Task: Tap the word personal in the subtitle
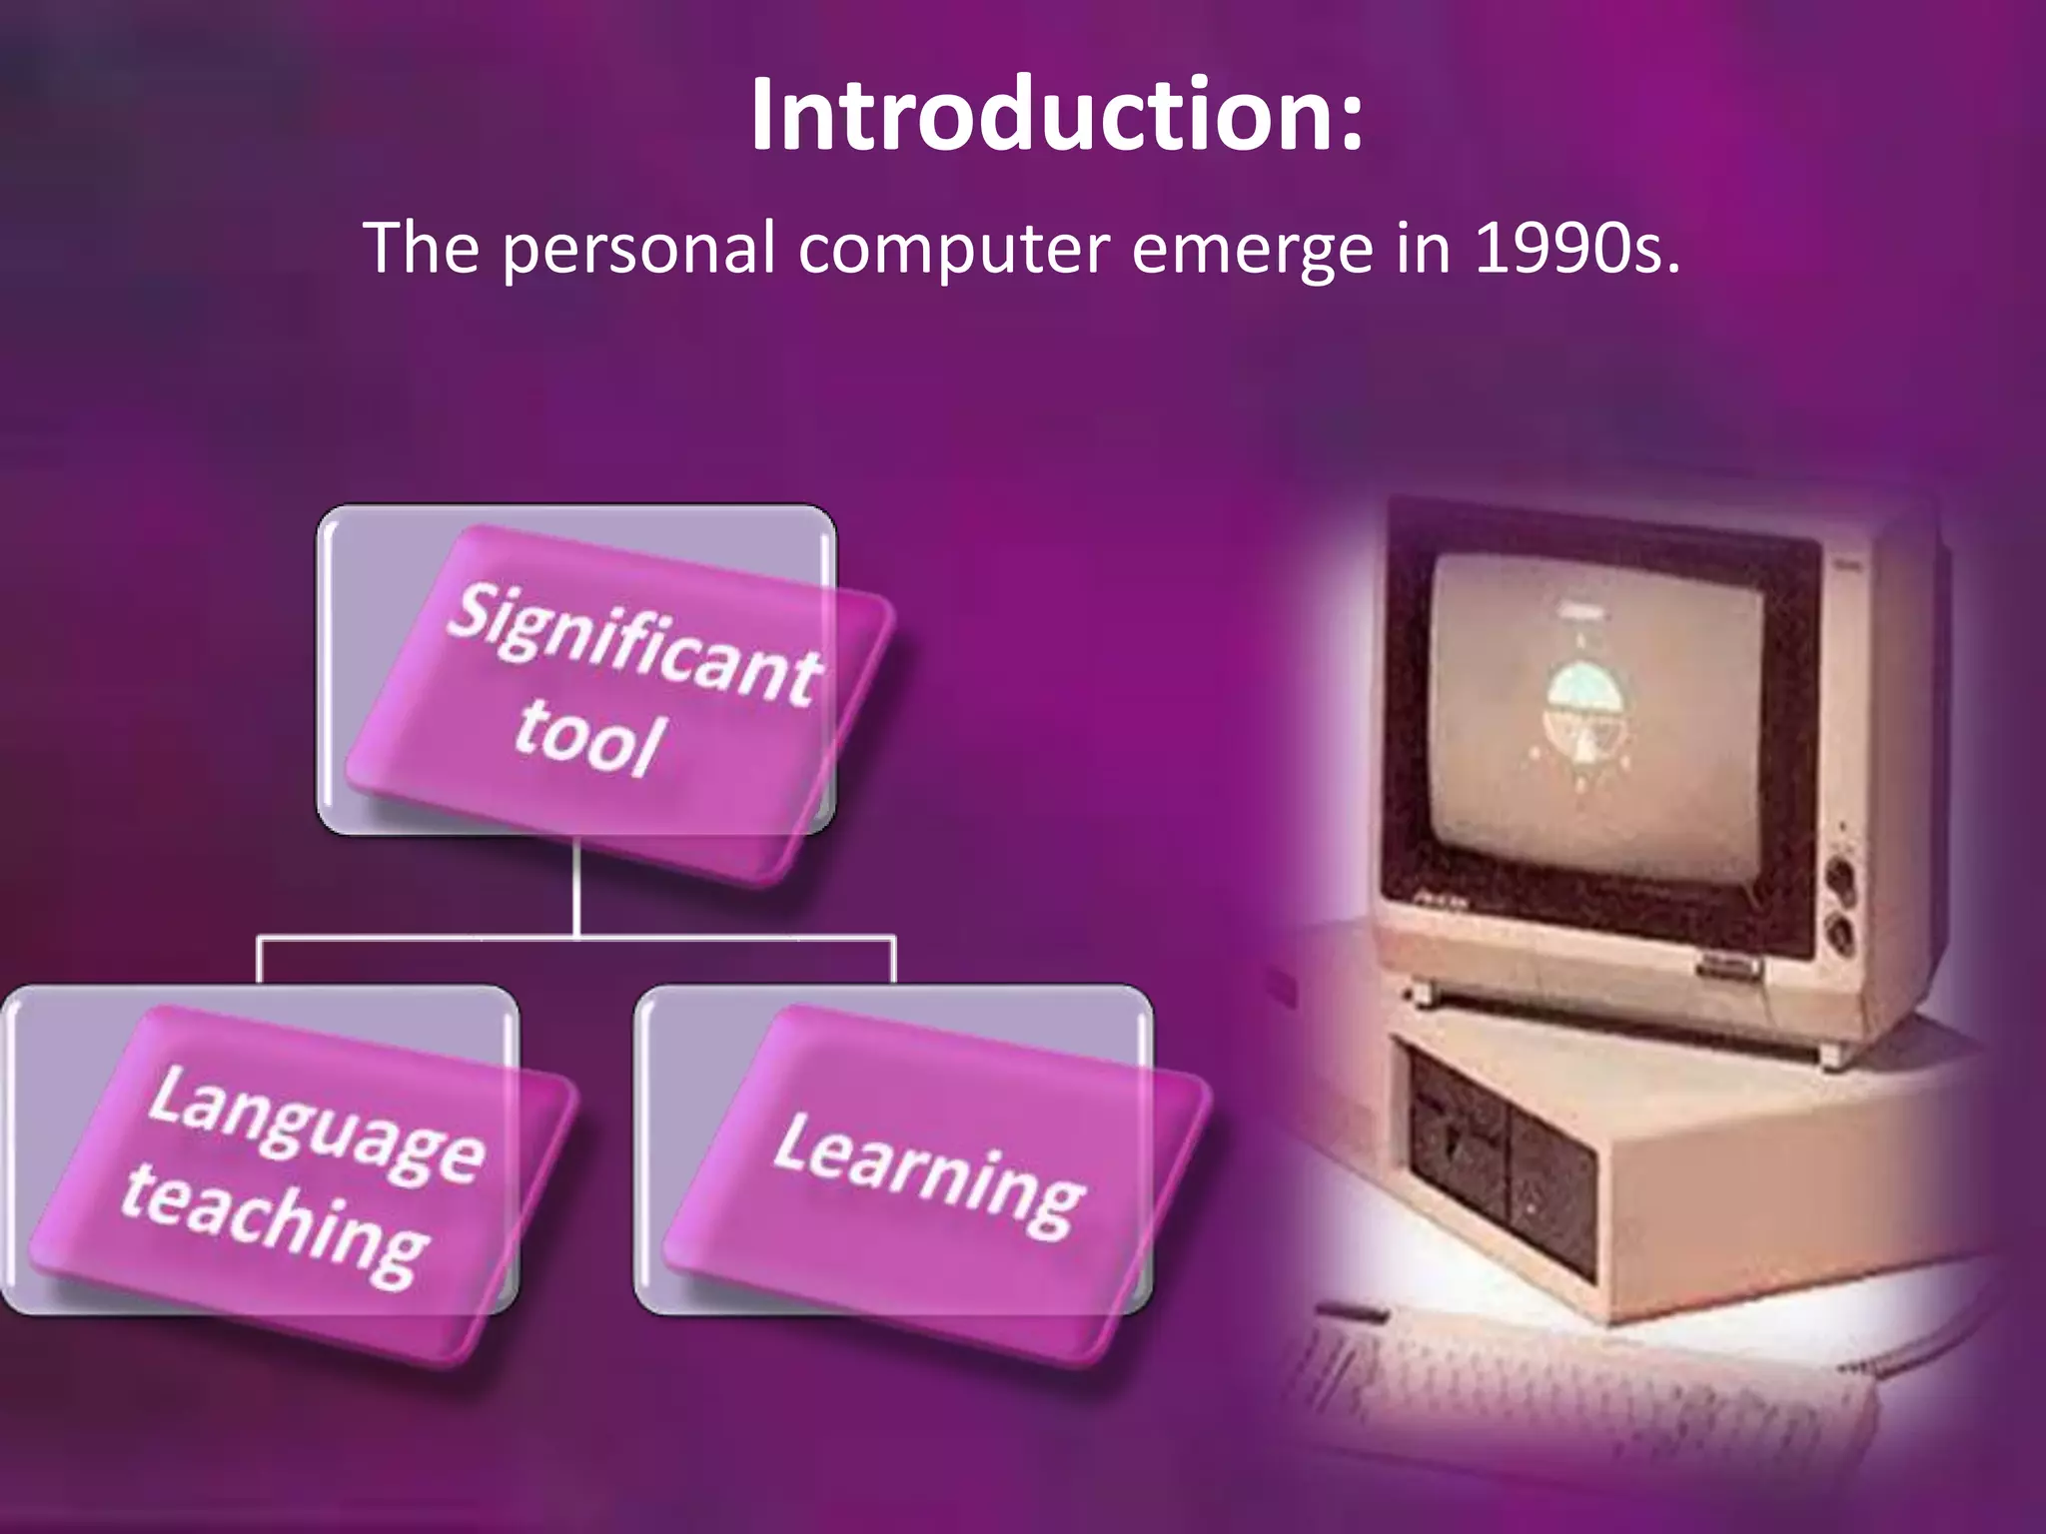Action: click(x=637, y=249)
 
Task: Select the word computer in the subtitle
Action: click(x=953, y=249)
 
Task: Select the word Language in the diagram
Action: click(x=316, y=1128)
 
